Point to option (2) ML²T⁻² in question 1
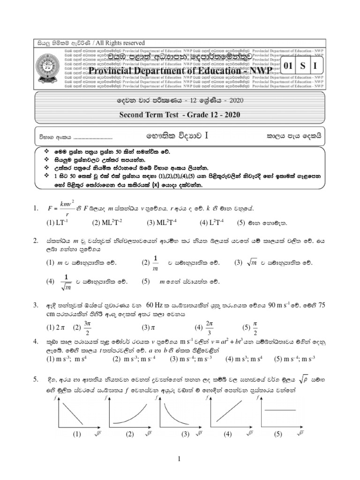[x=108, y=223]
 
